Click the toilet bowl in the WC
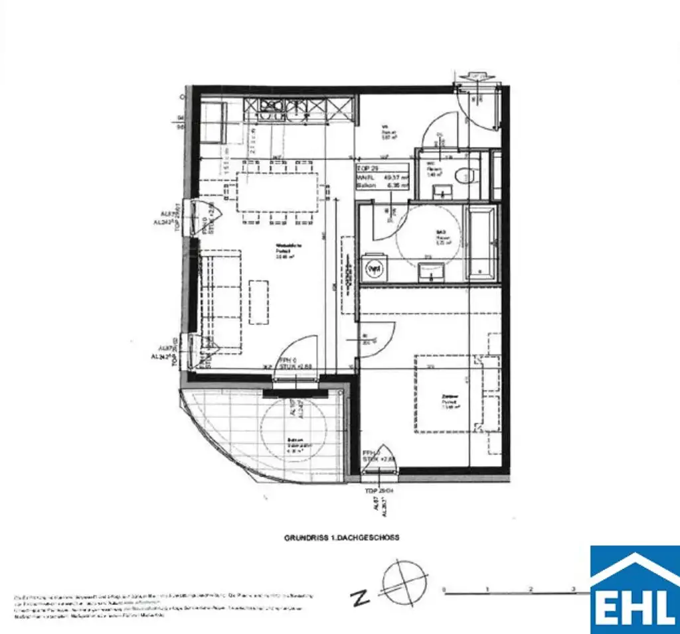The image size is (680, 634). pyautogui.click(x=467, y=175)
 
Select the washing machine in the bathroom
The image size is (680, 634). pyautogui.click(x=375, y=269)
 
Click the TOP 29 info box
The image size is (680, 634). pyautogui.click(x=381, y=176)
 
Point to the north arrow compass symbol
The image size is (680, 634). pyautogui.click(x=404, y=582)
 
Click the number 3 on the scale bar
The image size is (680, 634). pyautogui.click(x=574, y=588)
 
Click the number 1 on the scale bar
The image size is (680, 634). pyautogui.click(x=487, y=588)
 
